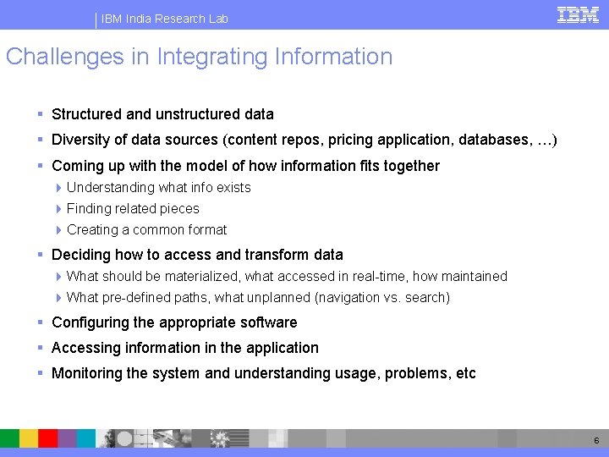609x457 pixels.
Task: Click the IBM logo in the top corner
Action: pos(578,14)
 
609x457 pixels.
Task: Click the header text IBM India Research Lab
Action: pos(165,19)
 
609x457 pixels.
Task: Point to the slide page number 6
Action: pos(596,441)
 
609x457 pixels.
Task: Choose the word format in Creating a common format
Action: pos(208,229)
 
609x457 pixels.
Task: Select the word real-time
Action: pos(355,276)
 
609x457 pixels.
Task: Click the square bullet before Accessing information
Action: pos(41,348)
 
